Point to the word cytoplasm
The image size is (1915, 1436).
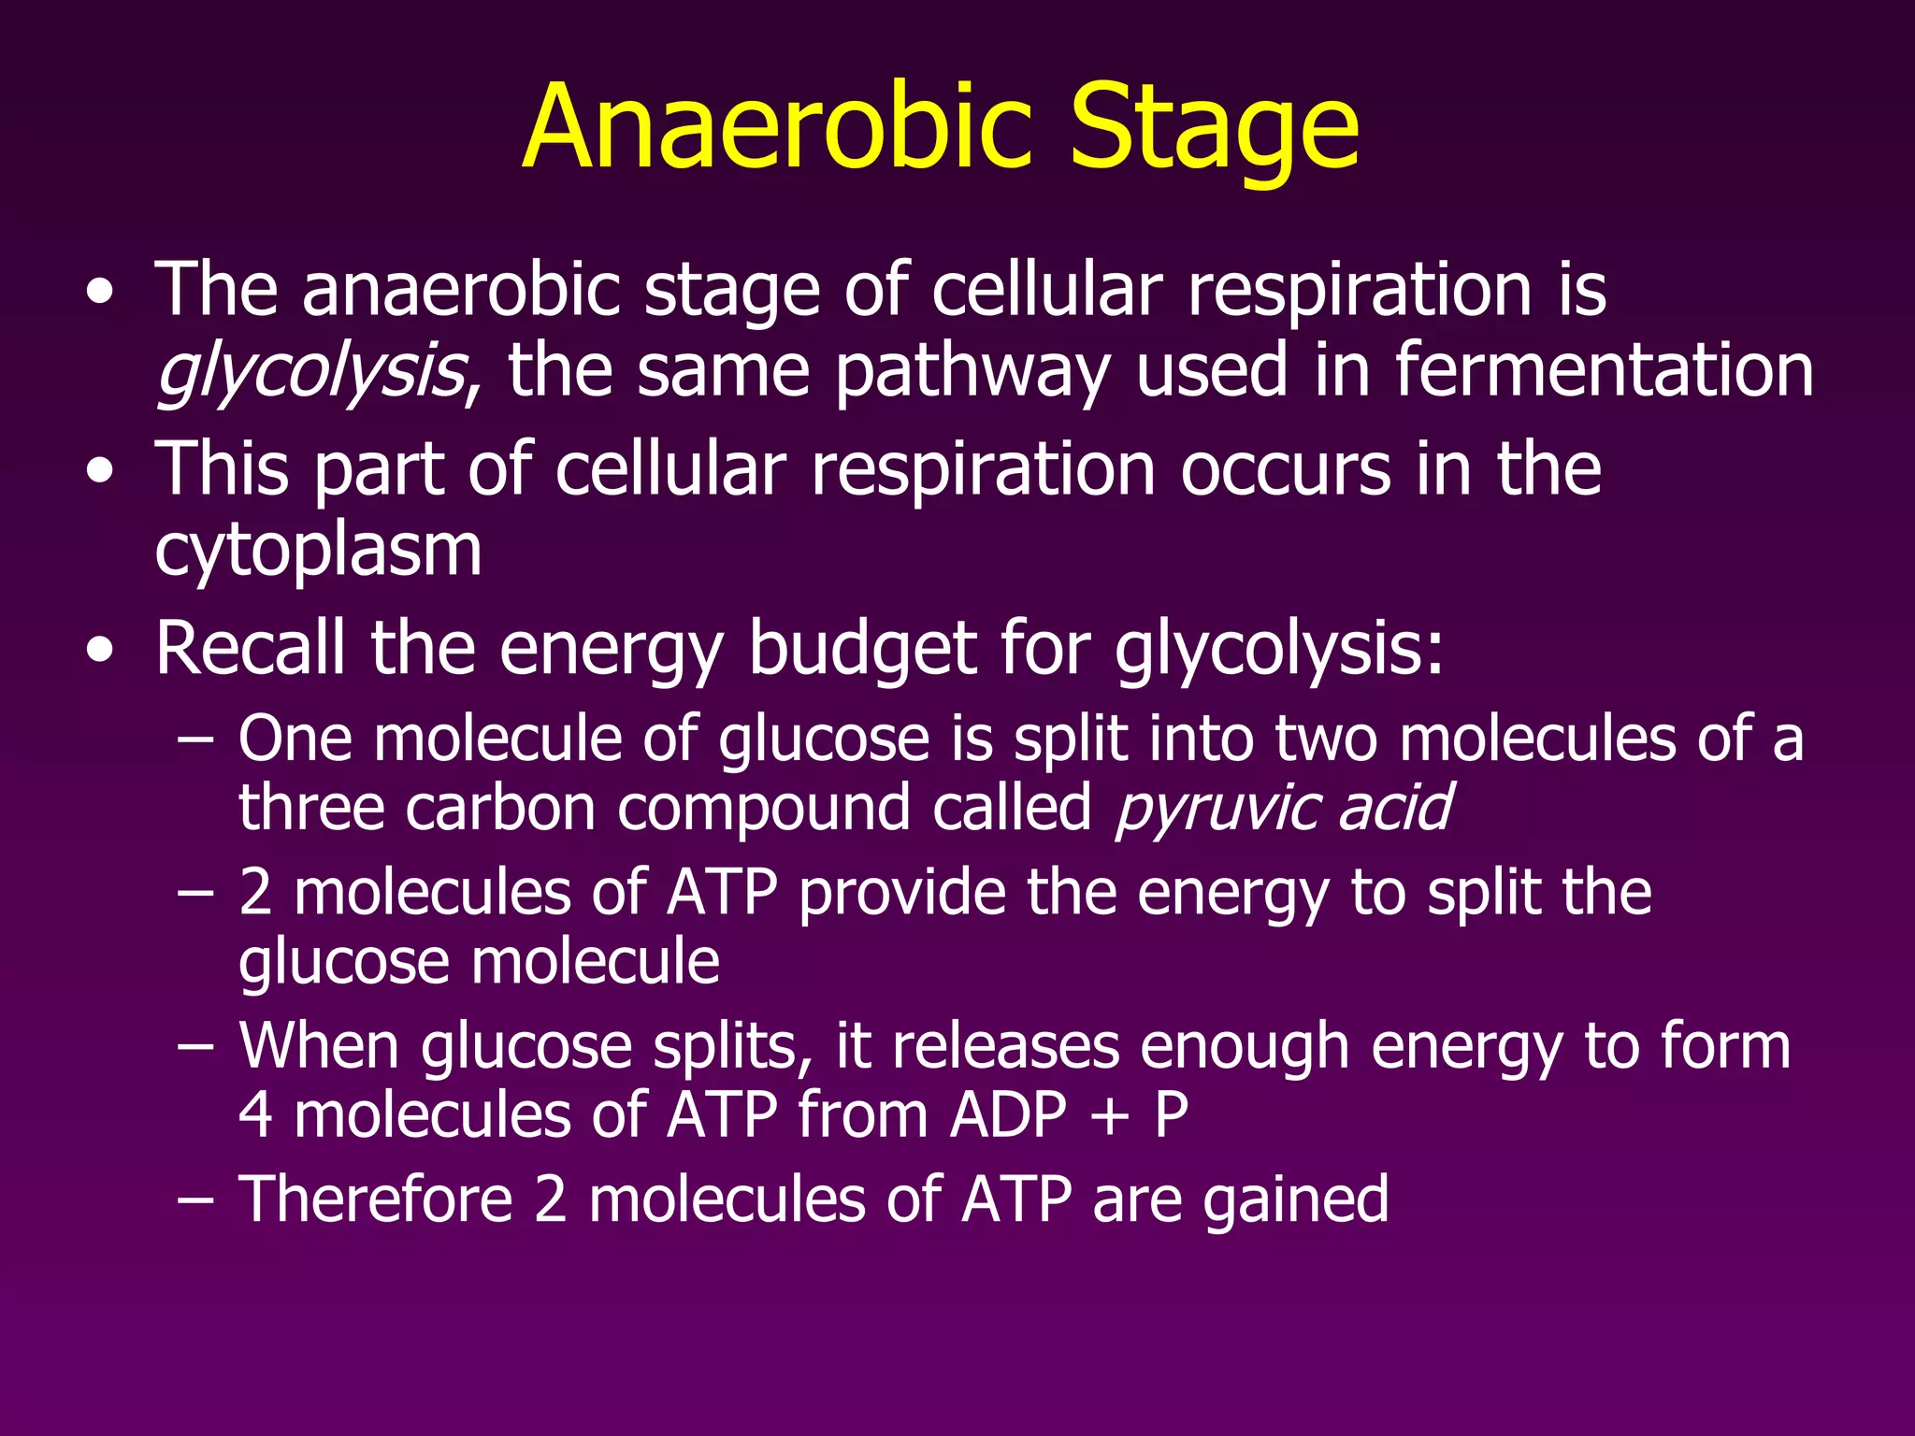click(x=318, y=552)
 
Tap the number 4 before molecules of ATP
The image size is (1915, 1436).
click(x=255, y=1114)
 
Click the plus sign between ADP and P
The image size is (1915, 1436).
click(x=1110, y=1116)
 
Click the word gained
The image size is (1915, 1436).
click(x=1296, y=1200)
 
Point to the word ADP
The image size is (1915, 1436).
click(x=1007, y=1114)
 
